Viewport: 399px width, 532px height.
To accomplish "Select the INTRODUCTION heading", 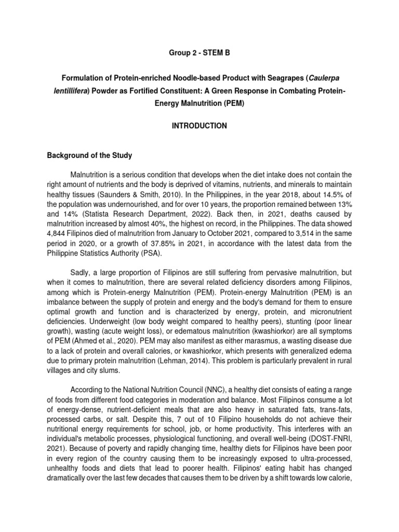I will pos(199,126).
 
